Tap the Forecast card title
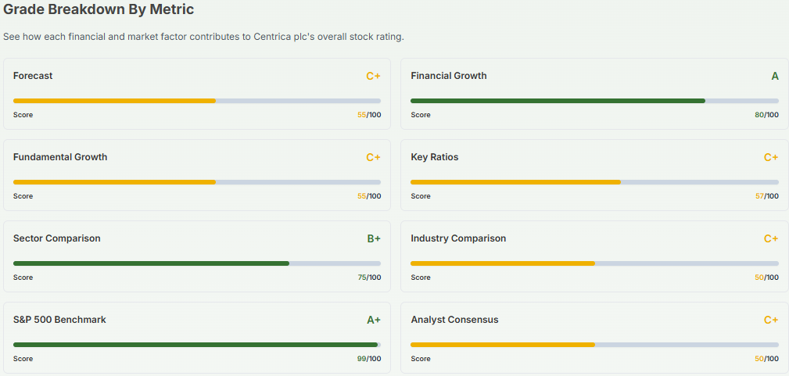tap(33, 76)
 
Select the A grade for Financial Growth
tap(774, 76)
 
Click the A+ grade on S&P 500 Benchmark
tap(373, 320)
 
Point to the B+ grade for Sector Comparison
tap(373, 238)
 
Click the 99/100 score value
tap(369, 359)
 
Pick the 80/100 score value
tap(766, 115)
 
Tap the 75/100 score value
tap(369, 278)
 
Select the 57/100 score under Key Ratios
tap(766, 196)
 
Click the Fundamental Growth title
tap(60, 157)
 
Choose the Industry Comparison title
tap(458, 238)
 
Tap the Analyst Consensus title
tap(454, 320)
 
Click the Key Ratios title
tap(435, 157)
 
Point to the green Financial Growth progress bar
tap(558, 101)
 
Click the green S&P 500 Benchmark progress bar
tap(195, 345)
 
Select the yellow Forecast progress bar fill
tap(114, 101)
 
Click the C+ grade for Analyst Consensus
tap(770, 320)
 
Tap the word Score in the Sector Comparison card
tap(23, 278)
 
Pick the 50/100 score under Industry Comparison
tap(766, 278)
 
